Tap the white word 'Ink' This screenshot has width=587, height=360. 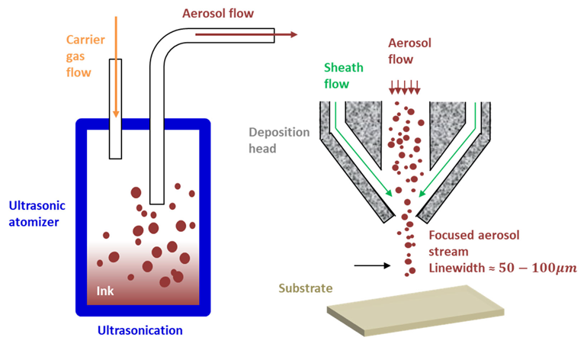[105, 291]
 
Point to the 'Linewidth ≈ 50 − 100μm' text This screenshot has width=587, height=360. [500, 268]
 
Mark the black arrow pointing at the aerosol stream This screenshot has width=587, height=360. [372, 266]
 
